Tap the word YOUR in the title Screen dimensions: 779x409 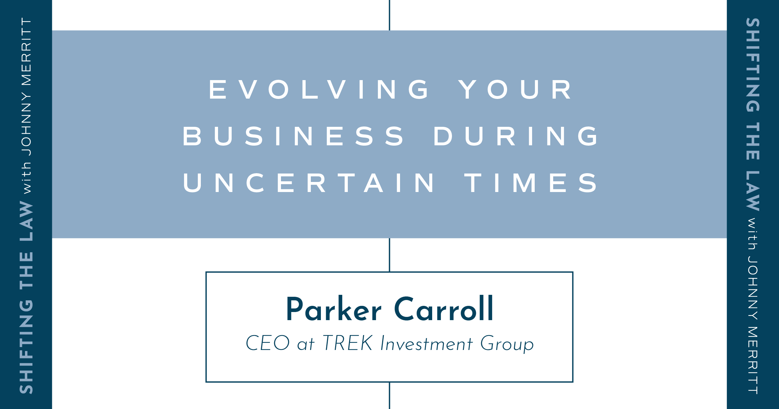515,89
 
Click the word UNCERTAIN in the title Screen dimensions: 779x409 309,183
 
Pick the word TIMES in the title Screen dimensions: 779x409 530,183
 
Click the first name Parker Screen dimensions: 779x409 334,309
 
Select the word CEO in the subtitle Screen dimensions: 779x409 268,343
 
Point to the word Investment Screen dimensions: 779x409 426,343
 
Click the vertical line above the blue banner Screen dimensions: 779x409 389,15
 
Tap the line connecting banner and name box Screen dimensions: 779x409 389,255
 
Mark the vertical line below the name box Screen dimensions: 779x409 389,396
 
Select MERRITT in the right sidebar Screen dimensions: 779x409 753,360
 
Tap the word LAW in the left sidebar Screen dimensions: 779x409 26,221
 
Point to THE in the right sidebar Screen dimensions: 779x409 753,141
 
